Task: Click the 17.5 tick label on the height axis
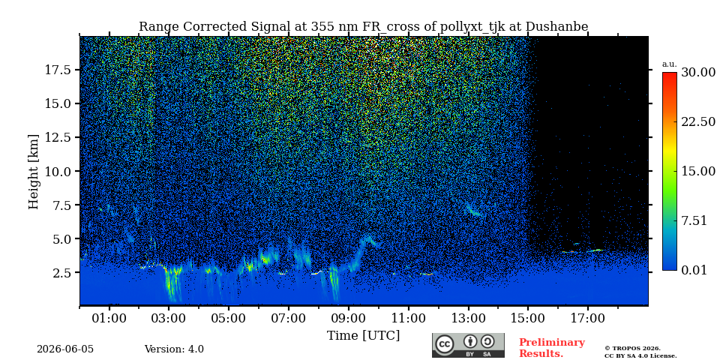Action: coord(58,70)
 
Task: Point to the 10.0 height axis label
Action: coord(58,171)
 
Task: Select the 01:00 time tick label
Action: coord(109,318)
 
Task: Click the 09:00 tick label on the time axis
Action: coord(348,318)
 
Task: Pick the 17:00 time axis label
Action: coord(588,318)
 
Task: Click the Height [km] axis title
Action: coord(34,171)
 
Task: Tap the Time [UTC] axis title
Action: coord(363,336)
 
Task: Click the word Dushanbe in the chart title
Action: coord(556,27)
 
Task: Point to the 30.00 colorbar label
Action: coord(698,73)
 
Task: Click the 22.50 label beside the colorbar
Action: coord(698,121)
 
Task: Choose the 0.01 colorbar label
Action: coord(694,270)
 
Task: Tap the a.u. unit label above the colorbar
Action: coord(669,64)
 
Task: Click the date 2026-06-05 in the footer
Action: coord(65,349)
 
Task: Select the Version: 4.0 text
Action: coord(174,349)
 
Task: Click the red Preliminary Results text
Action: coord(552,348)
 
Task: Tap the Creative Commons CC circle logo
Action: coord(445,344)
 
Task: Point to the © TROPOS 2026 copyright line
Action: coord(633,349)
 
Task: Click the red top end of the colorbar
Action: coord(670,74)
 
